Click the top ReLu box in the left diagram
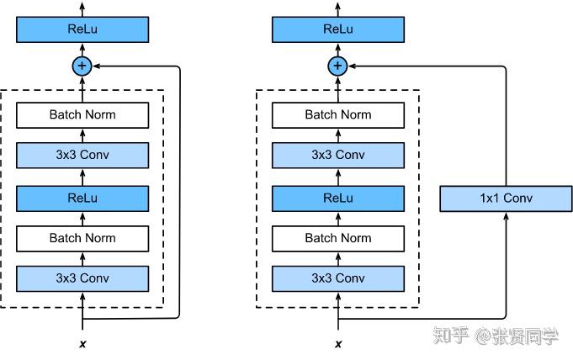point(82,30)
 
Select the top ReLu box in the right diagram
point(337,30)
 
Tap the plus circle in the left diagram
point(82,66)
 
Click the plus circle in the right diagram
point(337,66)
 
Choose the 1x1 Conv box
point(506,199)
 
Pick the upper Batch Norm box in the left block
point(82,114)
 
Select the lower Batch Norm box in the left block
point(82,238)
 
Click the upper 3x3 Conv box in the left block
point(82,156)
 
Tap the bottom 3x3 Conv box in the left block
point(82,278)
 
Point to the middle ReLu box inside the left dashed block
point(82,198)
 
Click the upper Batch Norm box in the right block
point(337,114)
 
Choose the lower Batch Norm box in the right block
point(337,238)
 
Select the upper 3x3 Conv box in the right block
point(337,156)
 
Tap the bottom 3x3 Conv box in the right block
point(337,278)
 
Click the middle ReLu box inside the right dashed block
point(337,198)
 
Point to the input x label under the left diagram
point(82,344)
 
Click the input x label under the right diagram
point(337,344)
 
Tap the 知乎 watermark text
point(450,336)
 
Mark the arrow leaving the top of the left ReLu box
point(82,9)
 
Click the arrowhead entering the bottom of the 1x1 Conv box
point(506,216)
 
